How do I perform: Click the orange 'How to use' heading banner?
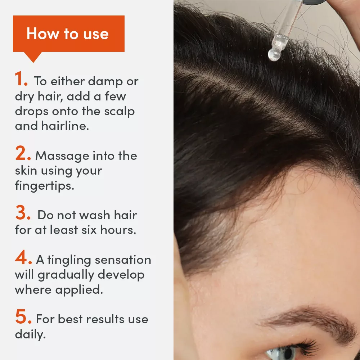coord(68,34)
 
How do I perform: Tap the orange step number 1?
coord(21,80)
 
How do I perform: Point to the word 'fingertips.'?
coord(44,185)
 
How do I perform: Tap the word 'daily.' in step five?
coord(30,334)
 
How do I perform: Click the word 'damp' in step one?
coord(97,82)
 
